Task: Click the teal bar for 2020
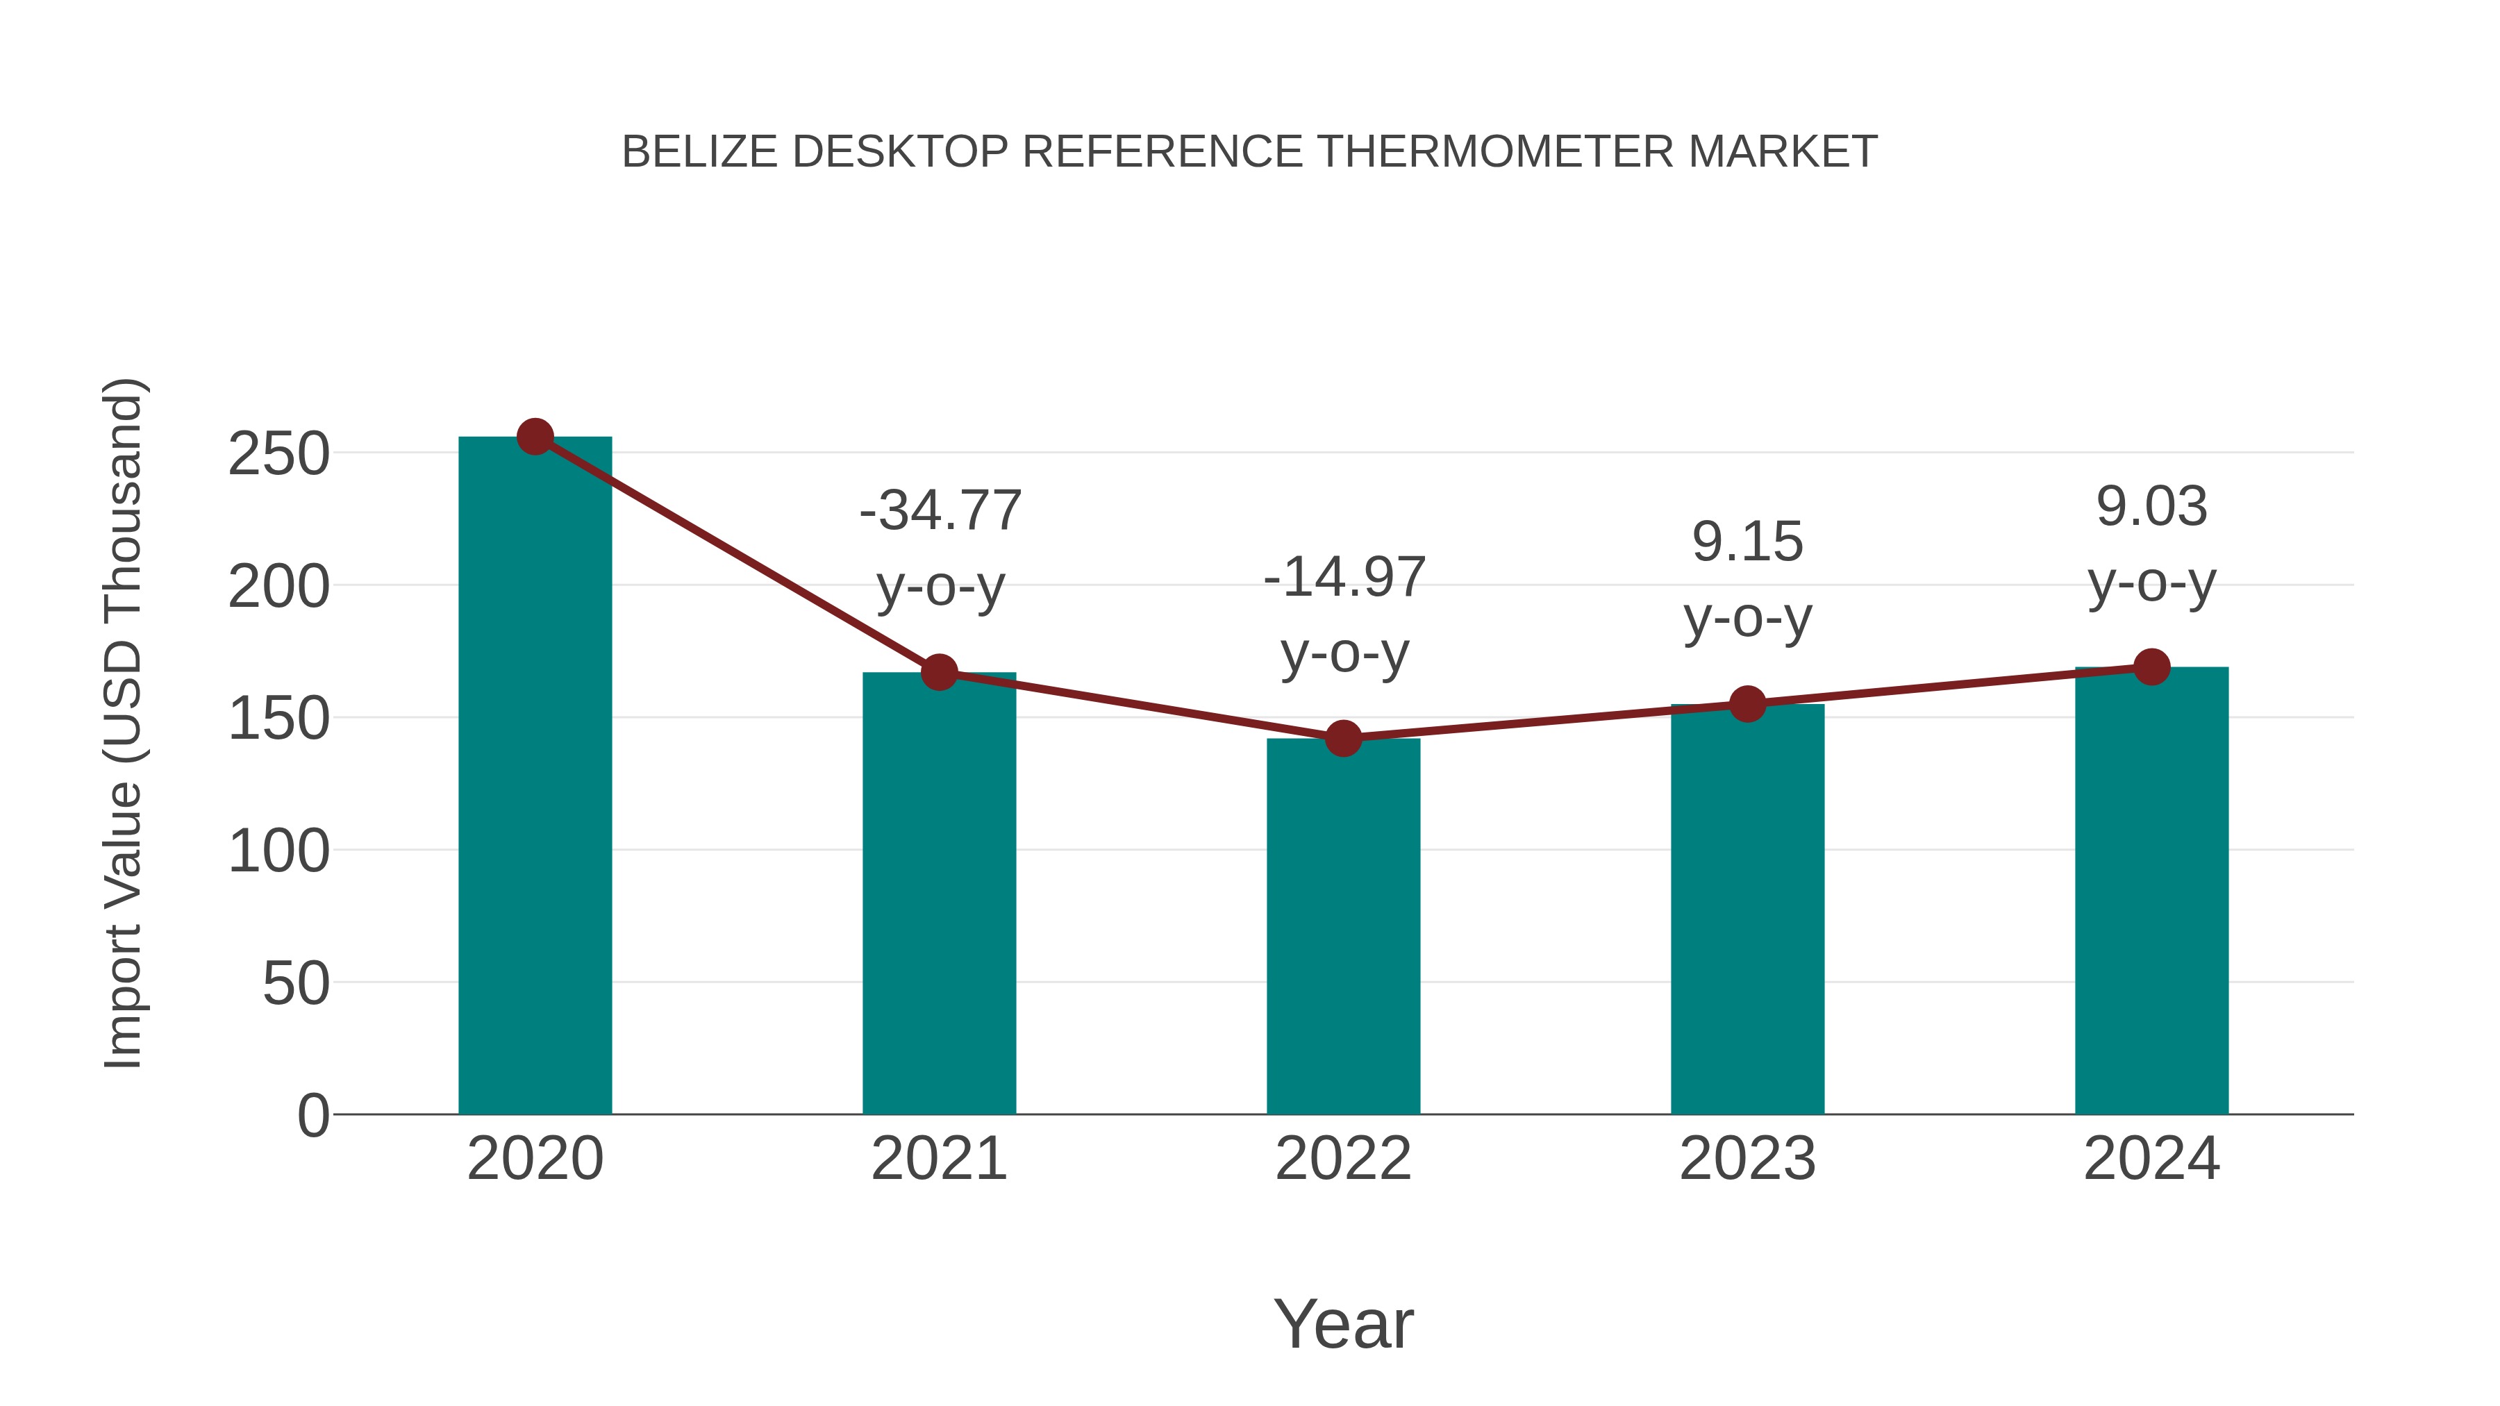click(x=535, y=776)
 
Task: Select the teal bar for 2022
click(x=1343, y=927)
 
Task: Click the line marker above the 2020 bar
click(x=535, y=437)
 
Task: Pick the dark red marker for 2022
click(x=1343, y=739)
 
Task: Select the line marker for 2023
click(x=1748, y=705)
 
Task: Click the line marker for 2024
click(x=2151, y=667)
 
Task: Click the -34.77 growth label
click(x=940, y=510)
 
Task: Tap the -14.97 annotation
click(x=1344, y=578)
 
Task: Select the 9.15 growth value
click(x=1748, y=542)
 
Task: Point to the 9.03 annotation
click(x=2151, y=507)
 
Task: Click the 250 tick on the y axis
click(x=278, y=454)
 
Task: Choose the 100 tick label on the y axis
click(x=278, y=852)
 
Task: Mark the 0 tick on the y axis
click(x=313, y=1116)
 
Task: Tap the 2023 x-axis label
click(x=1748, y=1159)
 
